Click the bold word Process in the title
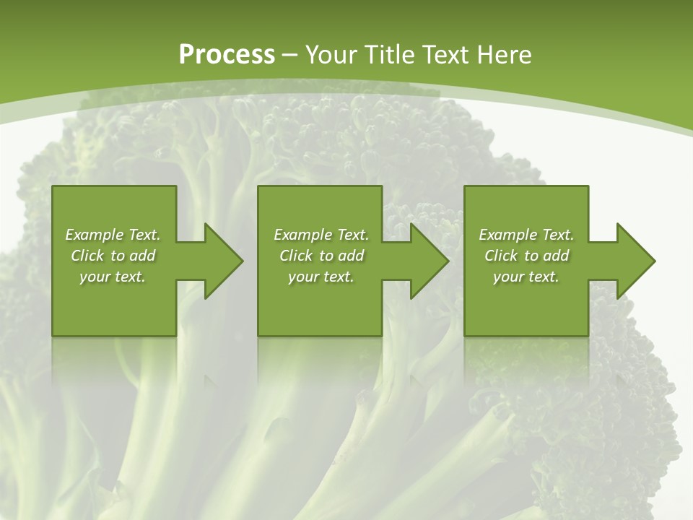point(227,54)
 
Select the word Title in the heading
point(389,54)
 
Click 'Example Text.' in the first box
point(113,235)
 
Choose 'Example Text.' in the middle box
point(321,235)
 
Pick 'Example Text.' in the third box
point(526,235)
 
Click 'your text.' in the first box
point(113,277)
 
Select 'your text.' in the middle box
point(321,277)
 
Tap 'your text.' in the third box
point(526,277)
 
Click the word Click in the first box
point(87,256)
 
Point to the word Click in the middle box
point(296,256)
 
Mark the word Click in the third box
point(501,256)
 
